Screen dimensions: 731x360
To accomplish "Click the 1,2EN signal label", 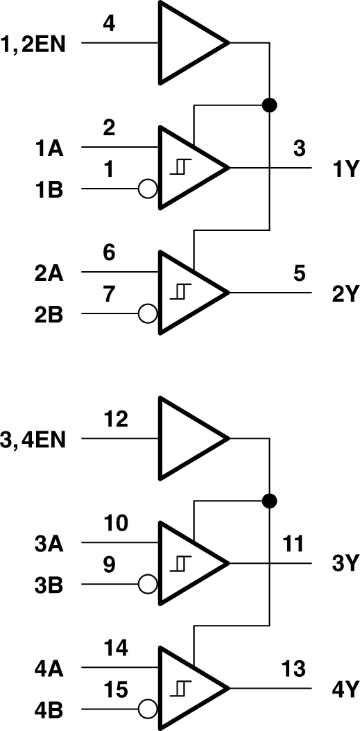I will [34, 44].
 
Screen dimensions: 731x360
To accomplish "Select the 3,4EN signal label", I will [34, 440].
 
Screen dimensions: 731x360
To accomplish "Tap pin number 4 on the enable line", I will [109, 24].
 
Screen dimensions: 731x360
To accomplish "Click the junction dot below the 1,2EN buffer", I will [269, 105].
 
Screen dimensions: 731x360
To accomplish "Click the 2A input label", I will [49, 273].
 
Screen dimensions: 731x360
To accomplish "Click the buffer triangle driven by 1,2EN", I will [187, 43].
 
